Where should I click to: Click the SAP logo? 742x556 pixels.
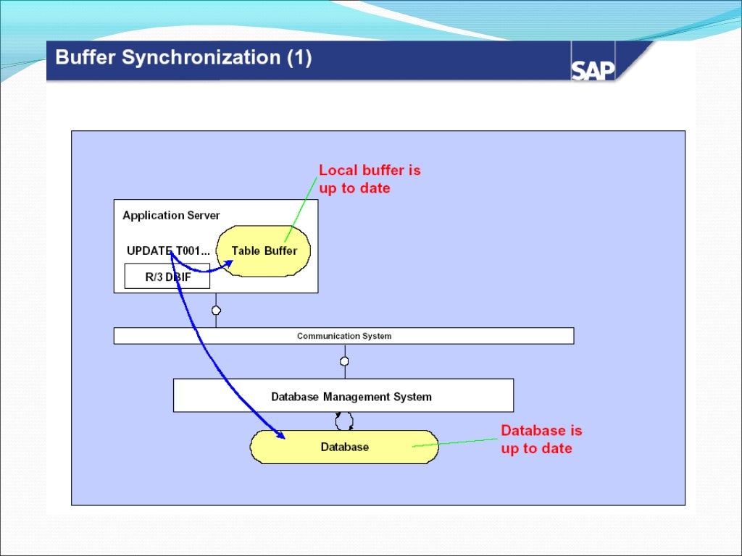[x=593, y=69]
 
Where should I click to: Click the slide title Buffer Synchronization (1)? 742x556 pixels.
[x=183, y=58]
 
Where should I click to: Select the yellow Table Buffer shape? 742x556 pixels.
[x=264, y=250]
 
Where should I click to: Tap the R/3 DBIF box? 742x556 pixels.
[x=167, y=276]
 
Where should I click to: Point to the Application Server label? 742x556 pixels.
[x=171, y=215]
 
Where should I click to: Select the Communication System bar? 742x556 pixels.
[x=343, y=336]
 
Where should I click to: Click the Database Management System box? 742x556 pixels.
[x=343, y=396]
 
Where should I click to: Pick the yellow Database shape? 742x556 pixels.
[x=344, y=447]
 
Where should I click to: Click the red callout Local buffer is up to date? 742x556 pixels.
[x=370, y=179]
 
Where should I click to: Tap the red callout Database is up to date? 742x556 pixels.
[x=541, y=439]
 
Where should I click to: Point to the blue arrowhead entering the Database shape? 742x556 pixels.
[x=279, y=434]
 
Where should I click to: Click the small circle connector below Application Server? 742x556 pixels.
[x=216, y=311]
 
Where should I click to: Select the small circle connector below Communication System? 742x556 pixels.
[x=344, y=361]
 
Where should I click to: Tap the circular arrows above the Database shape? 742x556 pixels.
[x=344, y=421]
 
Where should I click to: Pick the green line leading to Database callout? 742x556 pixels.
[x=457, y=442]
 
